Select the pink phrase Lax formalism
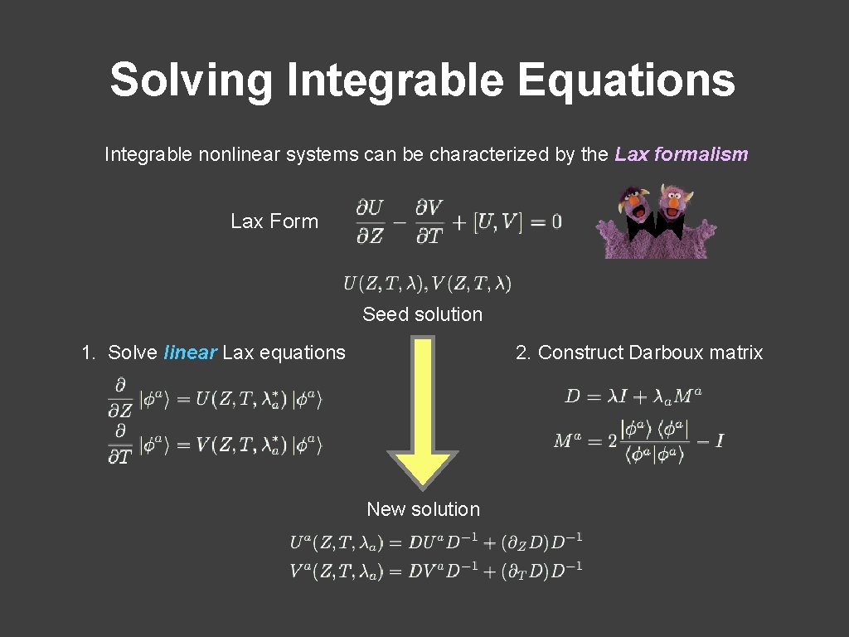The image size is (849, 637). click(x=682, y=154)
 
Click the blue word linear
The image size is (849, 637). click(x=191, y=353)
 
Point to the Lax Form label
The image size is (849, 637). click(x=274, y=221)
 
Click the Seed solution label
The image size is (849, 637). click(x=422, y=314)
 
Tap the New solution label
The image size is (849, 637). click(x=423, y=509)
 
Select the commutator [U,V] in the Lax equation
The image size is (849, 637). click(x=497, y=221)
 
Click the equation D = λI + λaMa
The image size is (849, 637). click(x=633, y=396)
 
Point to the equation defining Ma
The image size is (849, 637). click(x=638, y=440)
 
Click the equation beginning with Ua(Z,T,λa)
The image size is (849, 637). click(x=436, y=543)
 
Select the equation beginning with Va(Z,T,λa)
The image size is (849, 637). click(x=436, y=570)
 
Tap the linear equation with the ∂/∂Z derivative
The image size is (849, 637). click(x=215, y=399)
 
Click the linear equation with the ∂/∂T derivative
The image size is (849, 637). click(x=215, y=445)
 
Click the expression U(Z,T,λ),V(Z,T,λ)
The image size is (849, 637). click(x=427, y=284)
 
